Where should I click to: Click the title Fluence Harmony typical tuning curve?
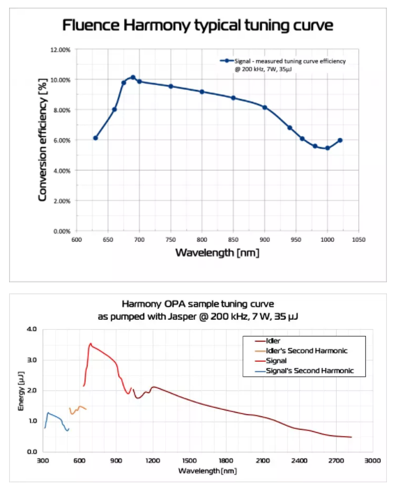click(x=198, y=26)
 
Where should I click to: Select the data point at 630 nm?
click(x=96, y=138)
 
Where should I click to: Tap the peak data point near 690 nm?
click(x=132, y=77)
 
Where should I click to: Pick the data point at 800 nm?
click(x=201, y=92)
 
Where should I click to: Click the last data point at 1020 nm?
click(x=340, y=140)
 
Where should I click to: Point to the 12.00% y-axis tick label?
click(x=60, y=50)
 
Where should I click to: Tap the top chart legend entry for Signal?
click(x=286, y=64)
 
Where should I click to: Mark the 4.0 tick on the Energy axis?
click(x=32, y=329)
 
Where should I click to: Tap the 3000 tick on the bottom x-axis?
click(x=372, y=461)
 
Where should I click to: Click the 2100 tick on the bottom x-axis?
click(x=262, y=461)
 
